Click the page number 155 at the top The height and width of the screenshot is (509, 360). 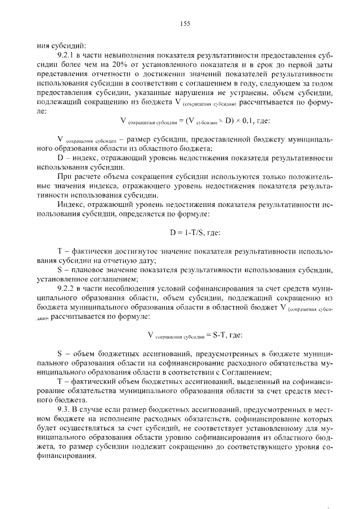(x=186, y=23)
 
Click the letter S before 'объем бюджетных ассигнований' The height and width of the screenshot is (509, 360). (x=60, y=355)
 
